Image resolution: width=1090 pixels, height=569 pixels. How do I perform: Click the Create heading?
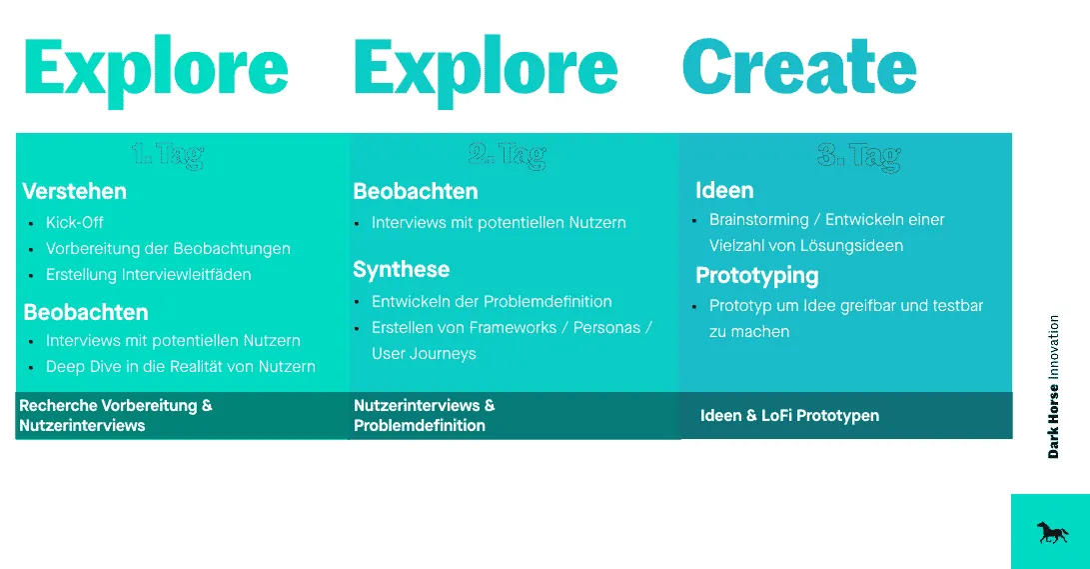click(799, 68)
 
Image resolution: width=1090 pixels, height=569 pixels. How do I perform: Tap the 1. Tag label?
click(167, 154)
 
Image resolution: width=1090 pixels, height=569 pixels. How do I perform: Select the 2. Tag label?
click(507, 154)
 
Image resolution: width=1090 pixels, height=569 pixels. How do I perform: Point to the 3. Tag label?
click(858, 155)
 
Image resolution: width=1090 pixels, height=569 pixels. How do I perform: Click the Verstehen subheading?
click(75, 191)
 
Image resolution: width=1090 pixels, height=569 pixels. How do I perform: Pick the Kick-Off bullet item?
click(75, 222)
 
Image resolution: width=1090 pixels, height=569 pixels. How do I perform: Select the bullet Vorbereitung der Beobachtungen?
click(168, 248)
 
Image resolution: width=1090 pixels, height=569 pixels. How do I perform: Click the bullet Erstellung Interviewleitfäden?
click(148, 274)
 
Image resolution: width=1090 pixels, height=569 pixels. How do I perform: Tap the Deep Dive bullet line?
click(180, 367)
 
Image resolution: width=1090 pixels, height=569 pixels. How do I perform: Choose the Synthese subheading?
click(401, 269)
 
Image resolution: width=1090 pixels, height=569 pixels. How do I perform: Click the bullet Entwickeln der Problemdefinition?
click(492, 301)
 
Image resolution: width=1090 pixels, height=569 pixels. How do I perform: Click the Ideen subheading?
click(724, 190)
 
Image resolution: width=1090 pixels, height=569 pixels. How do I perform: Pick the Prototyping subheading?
click(756, 275)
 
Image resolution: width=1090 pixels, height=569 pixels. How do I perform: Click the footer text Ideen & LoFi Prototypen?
click(789, 415)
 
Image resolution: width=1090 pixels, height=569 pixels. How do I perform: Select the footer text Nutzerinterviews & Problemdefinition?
click(424, 415)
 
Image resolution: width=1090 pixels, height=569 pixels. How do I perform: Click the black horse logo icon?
click(1052, 532)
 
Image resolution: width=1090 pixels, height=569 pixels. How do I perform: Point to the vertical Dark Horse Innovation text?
click(1053, 387)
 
